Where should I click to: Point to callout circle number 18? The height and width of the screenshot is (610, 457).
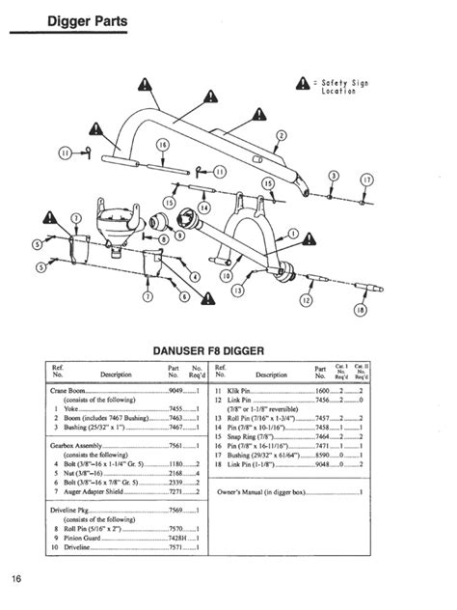click(360, 312)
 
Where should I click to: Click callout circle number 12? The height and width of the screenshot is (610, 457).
click(306, 299)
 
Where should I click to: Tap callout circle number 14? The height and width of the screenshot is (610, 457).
click(203, 207)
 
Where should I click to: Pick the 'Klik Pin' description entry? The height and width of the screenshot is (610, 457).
click(250, 390)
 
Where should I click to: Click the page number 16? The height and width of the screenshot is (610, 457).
click(17, 579)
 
